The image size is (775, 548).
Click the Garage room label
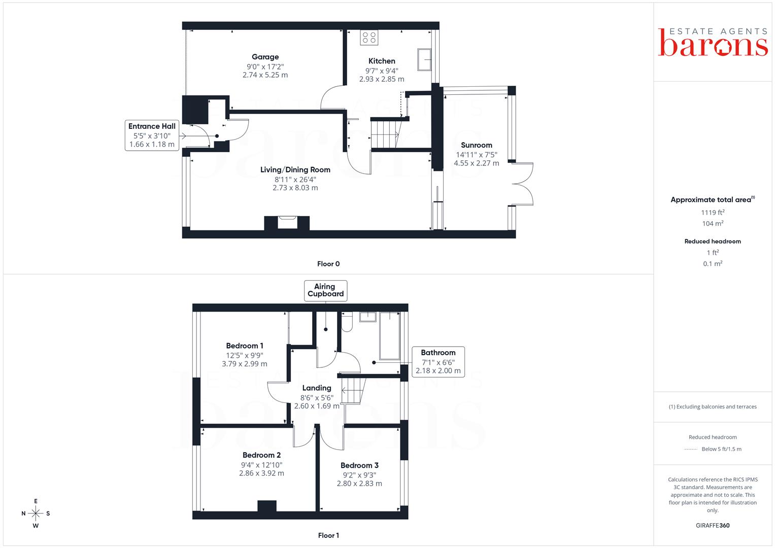pyautogui.click(x=265, y=57)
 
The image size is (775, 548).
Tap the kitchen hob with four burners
pyautogui.click(x=369, y=38)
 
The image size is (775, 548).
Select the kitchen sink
pyautogui.click(x=424, y=59)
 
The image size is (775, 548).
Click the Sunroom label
pyautogui.click(x=477, y=145)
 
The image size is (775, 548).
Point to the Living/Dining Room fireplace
pyautogui.click(x=287, y=223)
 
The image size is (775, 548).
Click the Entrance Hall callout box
pyautogui.click(x=152, y=135)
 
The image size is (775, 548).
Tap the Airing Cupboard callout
pyautogui.click(x=325, y=290)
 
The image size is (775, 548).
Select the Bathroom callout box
pyautogui.click(x=438, y=361)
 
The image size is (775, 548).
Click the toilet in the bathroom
pyautogui.click(x=347, y=321)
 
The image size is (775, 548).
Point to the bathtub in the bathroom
pyautogui.click(x=390, y=336)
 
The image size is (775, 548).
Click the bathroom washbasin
pyautogui.click(x=368, y=317)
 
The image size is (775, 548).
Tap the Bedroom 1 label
pyautogui.click(x=245, y=346)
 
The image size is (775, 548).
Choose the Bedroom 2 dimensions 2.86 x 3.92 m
pyautogui.click(x=261, y=473)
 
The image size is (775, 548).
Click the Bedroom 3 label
pyautogui.click(x=359, y=465)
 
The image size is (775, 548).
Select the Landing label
pyautogui.click(x=317, y=388)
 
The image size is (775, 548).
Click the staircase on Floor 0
pyautogui.click(x=385, y=133)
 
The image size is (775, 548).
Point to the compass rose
pyautogui.click(x=36, y=513)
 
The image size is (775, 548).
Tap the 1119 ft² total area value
pyautogui.click(x=713, y=213)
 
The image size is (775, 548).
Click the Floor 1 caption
pyautogui.click(x=328, y=535)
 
